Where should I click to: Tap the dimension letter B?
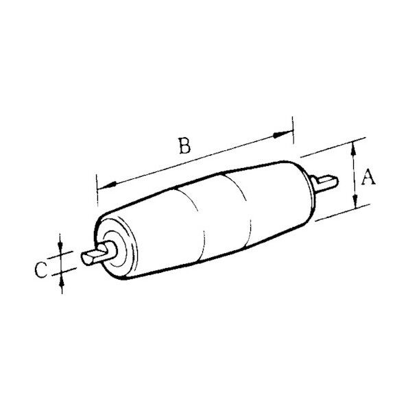pos(183,146)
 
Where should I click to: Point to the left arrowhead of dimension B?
pos(104,186)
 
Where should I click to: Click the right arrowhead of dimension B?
pos(287,134)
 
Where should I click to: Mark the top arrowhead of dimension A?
pos(355,145)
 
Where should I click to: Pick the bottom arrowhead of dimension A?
pos(355,204)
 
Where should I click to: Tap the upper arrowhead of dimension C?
pos(62,248)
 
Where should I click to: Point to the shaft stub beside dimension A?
pos(326,182)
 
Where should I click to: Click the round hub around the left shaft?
pos(113,248)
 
